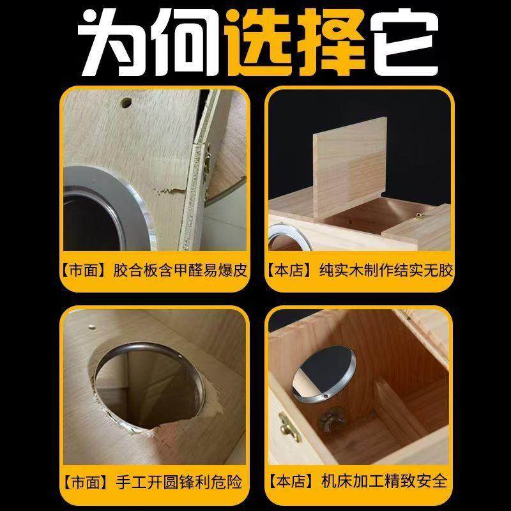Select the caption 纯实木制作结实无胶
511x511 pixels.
386,270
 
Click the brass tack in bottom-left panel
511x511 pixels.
91,326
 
